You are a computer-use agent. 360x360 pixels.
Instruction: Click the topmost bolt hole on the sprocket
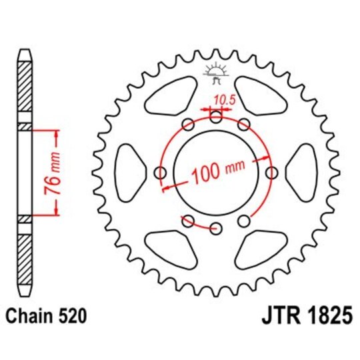pyautogui.click(x=215, y=117)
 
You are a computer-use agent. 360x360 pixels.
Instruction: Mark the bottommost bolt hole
pyautogui.click(x=215, y=229)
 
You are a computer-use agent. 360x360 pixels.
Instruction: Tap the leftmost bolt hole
pyautogui.click(x=159, y=173)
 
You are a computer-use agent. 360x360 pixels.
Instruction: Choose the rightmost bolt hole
pyautogui.click(x=271, y=173)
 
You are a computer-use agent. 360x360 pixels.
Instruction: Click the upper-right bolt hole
pyautogui.click(x=243, y=125)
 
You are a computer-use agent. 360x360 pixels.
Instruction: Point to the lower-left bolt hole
pyautogui.click(x=187, y=221)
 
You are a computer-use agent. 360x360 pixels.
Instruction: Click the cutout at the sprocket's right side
pyautogui.click(x=304, y=172)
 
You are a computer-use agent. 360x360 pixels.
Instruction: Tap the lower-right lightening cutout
pyautogui.click(x=263, y=249)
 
